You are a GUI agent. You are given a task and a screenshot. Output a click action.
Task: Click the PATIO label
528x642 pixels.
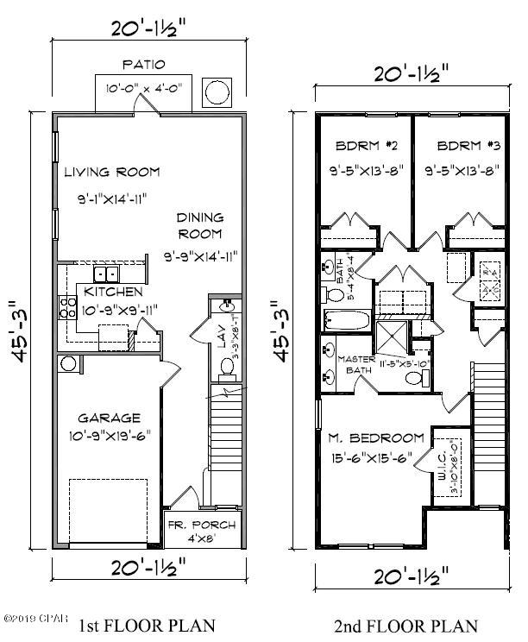144,64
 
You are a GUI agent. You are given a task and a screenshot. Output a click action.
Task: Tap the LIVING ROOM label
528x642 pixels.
112,171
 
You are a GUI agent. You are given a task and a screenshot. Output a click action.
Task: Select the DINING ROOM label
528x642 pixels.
200,225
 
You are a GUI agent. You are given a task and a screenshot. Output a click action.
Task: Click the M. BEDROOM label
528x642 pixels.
375,437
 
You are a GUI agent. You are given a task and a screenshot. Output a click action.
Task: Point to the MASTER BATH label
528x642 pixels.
355,365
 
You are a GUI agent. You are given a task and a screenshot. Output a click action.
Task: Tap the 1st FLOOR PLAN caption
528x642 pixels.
147,624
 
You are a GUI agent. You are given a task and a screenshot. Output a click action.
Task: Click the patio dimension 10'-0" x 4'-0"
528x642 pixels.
144,87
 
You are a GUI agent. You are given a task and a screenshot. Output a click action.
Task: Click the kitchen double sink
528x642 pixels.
108,274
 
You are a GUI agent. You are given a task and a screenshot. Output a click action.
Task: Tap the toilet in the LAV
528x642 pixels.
226,368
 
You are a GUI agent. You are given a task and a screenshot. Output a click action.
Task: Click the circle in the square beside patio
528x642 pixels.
215,90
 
